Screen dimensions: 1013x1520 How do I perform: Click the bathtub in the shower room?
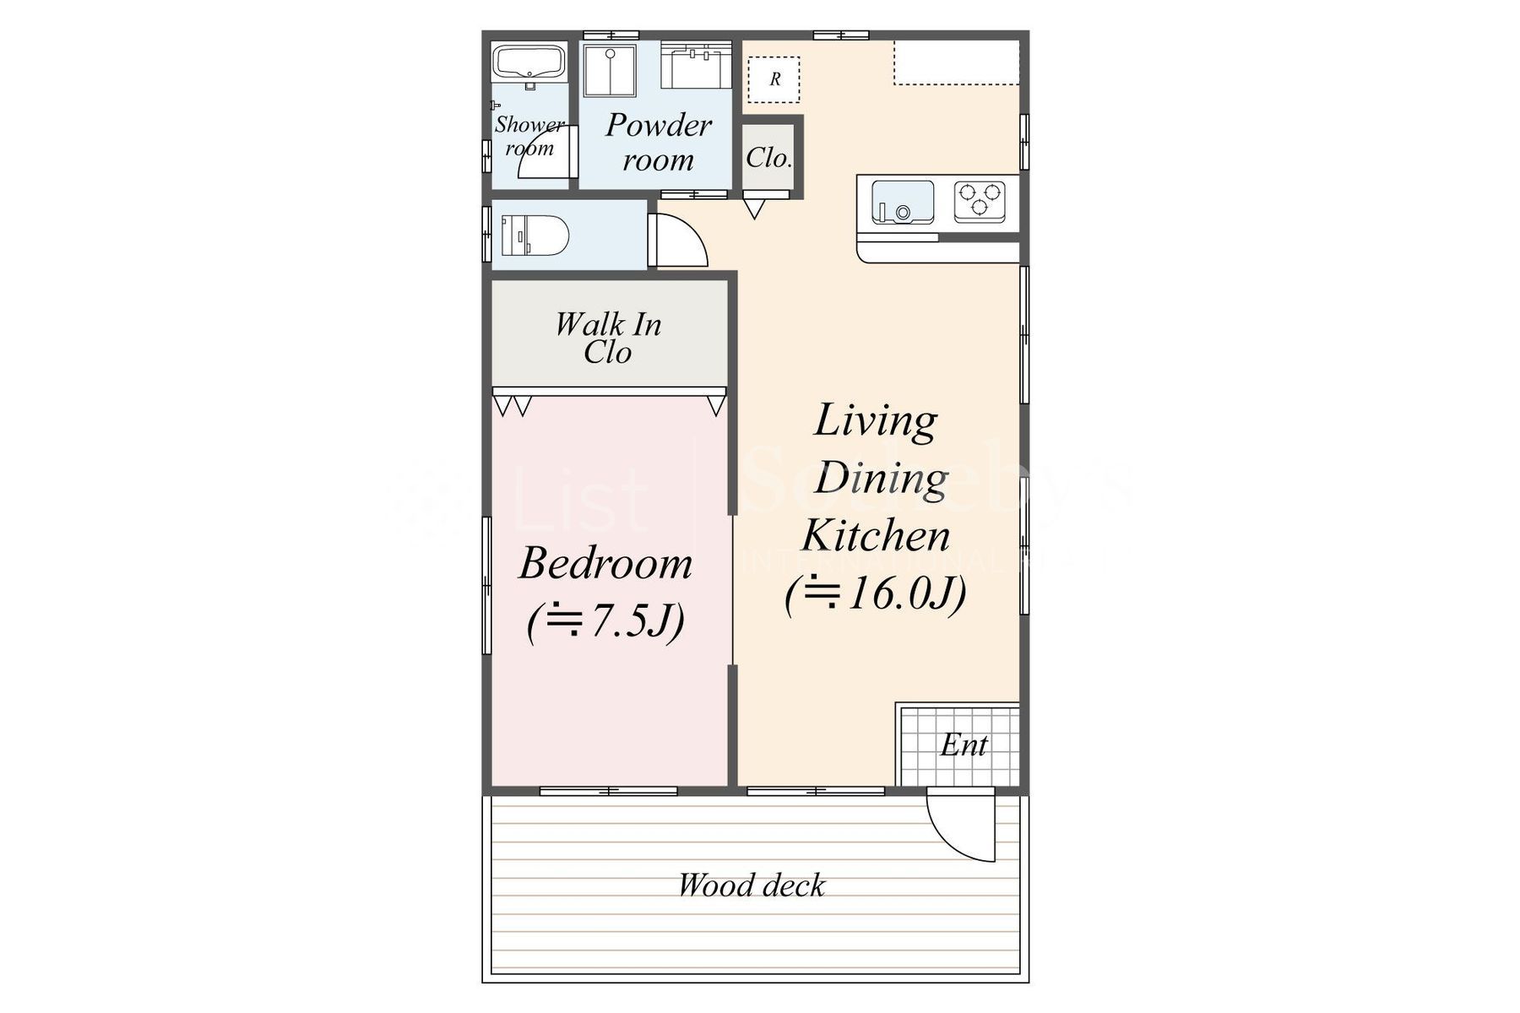pos(529,63)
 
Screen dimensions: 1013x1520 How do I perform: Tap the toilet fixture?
pos(536,236)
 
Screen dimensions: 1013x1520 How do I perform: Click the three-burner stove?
pos(980,201)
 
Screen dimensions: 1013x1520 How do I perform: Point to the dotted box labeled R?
pos(774,80)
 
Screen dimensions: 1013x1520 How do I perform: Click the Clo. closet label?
pos(768,158)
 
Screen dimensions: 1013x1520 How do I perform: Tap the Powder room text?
pos(659,142)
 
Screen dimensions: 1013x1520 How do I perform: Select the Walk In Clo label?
pos(608,338)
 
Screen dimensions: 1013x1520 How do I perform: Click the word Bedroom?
pos(605,563)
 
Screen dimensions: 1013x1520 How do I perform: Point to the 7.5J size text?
pos(605,622)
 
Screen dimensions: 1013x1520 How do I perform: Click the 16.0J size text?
pos(876,594)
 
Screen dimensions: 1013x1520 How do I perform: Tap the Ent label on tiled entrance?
pos(964,745)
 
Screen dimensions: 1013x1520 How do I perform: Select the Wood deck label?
pos(752,886)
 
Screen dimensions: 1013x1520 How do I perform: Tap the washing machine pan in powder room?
pos(609,71)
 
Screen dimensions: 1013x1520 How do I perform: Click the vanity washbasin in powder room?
pos(696,66)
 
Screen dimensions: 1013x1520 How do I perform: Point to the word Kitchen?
pos(876,536)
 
